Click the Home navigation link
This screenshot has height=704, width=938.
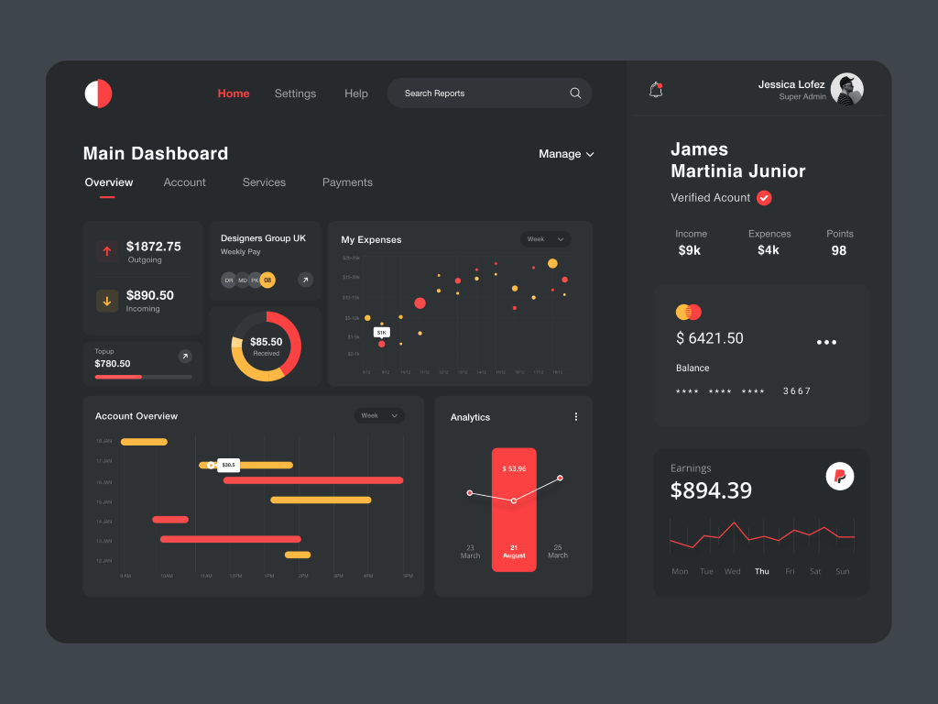point(234,93)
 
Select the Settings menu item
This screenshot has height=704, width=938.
point(295,93)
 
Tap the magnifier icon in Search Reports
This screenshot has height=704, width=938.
point(575,93)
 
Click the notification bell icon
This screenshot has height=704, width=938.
point(656,90)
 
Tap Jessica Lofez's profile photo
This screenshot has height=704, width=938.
point(846,90)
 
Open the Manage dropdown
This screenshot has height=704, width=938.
point(566,154)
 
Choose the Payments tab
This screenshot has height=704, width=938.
point(347,182)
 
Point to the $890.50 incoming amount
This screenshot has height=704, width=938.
point(149,295)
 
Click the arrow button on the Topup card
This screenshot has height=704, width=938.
point(185,356)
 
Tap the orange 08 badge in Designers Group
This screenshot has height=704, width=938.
point(267,280)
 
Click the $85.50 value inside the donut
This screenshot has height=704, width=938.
point(266,342)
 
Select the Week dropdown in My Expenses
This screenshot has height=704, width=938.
point(545,239)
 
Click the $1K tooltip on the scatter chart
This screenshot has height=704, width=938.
point(381,332)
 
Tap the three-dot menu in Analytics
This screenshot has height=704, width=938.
point(576,416)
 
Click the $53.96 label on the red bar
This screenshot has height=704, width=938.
point(514,468)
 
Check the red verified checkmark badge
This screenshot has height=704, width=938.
point(764,198)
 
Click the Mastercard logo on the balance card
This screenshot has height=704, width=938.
point(688,313)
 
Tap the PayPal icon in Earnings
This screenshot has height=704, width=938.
point(840,476)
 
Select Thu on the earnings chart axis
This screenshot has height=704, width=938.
point(761,571)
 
